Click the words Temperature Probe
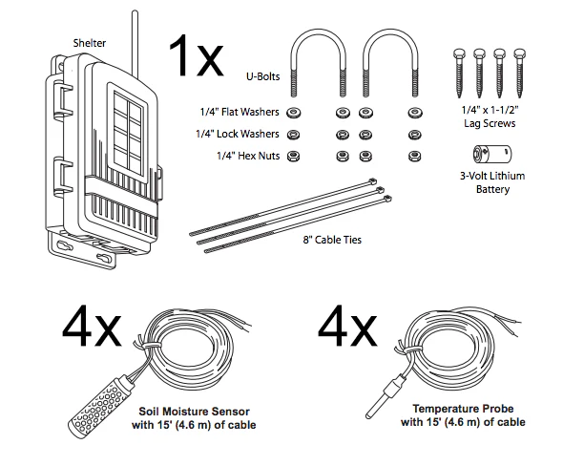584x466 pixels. pyautogui.click(x=464, y=408)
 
